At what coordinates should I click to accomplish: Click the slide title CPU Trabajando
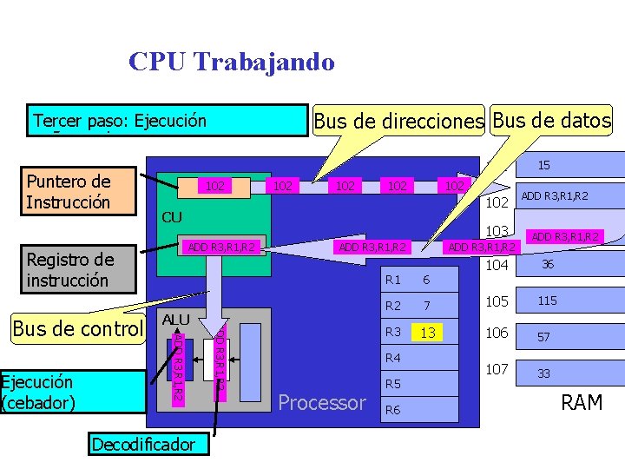click(x=231, y=62)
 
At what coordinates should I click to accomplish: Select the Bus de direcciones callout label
click(x=398, y=122)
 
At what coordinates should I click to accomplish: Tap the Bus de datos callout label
click(x=551, y=120)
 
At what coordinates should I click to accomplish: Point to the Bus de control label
click(x=77, y=328)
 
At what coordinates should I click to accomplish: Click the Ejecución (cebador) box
click(x=72, y=392)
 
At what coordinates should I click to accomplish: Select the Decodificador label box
click(x=143, y=445)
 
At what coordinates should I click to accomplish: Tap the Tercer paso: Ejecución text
click(x=120, y=121)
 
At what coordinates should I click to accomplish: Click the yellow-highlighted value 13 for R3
click(x=426, y=334)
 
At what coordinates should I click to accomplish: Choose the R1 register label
click(x=393, y=280)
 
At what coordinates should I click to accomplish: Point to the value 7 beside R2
click(x=425, y=306)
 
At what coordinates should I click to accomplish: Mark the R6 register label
click(x=393, y=410)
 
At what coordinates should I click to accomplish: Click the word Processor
click(x=322, y=403)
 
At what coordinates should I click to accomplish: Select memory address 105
click(x=497, y=301)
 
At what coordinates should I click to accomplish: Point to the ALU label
click(x=175, y=320)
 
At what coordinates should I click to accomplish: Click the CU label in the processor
click(x=169, y=215)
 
